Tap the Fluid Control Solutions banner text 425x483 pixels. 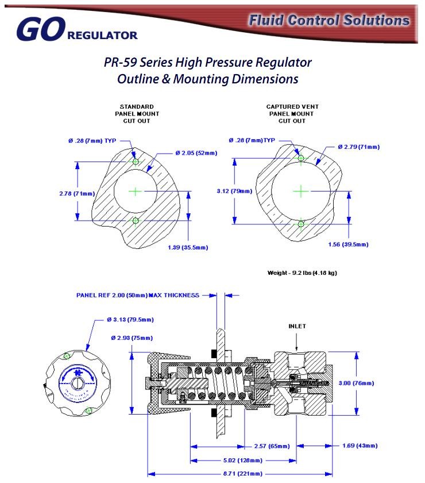(x=329, y=20)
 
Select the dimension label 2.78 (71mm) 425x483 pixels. (x=76, y=193)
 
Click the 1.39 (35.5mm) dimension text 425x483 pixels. (x=187, y=247)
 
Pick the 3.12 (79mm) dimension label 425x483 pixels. (x=234, y=191)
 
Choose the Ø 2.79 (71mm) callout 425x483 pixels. (x=358, y=147)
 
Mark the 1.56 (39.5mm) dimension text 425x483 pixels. (x=347, y=244)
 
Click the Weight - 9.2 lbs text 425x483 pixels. (x=302, y=273)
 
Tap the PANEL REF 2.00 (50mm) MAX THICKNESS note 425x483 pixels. (x=138, y=295)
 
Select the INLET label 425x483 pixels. (x=297, y=326)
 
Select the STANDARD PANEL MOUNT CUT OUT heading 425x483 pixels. (x=136, y=114)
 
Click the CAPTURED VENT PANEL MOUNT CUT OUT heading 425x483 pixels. (x=292, y=114)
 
